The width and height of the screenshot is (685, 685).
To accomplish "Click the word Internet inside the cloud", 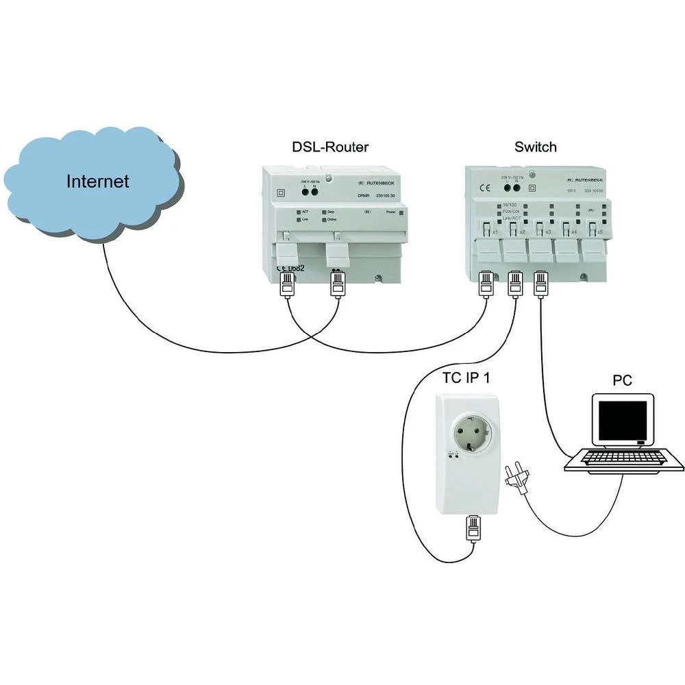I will point(97,182).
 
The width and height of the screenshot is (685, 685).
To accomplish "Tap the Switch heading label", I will point(535,147).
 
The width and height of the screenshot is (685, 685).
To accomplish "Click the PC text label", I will point(623,379).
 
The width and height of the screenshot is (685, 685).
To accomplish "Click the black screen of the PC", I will point(622,421).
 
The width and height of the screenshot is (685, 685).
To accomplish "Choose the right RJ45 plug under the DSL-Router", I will point(337,285).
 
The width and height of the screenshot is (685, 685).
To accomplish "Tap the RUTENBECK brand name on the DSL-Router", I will point(380,184).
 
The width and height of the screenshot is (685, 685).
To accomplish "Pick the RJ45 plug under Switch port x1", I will point(486,284).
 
